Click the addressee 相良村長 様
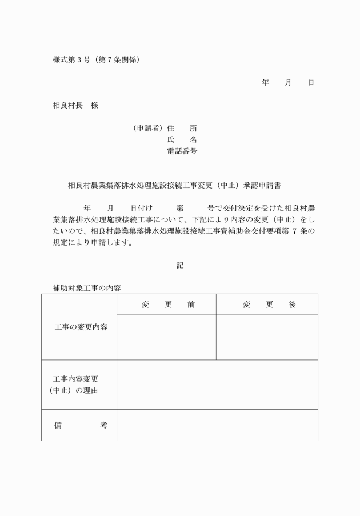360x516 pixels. (x=75, y=105)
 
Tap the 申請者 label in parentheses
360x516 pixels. (x=148, y=128)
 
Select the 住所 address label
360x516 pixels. (x=182, y=128)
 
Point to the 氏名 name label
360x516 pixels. (x=182, y=139)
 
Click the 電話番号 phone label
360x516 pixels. (x=182, y=151)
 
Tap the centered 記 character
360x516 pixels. (x=180, y=265)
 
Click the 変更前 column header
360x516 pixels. (x=168, y=305)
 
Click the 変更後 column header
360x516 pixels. (x=269, y=305)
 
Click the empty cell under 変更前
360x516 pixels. (x=166, y=337)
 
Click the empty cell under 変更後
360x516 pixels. (x=267, y=337)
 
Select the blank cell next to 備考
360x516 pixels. (x=217, y=425)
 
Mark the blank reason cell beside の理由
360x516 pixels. (x=217, y=385)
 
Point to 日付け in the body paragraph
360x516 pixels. (x=141, y=209)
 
